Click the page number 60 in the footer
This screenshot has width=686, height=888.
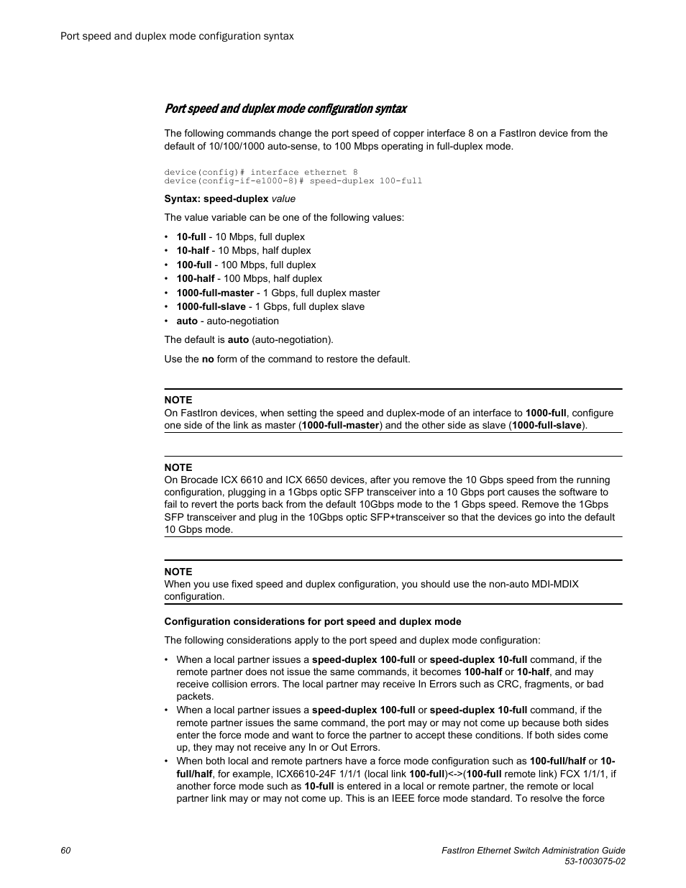(x=66, y=851)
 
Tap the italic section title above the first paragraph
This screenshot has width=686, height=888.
(x=285, y=109)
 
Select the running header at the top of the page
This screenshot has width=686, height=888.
(x=177, y=35)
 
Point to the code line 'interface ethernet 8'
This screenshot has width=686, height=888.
(x=303, y=172)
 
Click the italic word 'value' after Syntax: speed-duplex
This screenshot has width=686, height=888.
(x=283, y=198)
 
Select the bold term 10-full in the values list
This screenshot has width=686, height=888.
(x=191, y=237)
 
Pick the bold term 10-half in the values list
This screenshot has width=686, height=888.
(x=193, y=250)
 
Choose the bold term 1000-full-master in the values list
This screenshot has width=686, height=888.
(x=215, y=293)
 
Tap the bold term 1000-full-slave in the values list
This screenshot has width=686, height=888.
(x=211, y=306)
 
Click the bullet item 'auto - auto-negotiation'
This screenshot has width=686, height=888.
(x=227, y=321)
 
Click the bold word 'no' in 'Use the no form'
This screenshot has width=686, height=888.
(x=208, y=359)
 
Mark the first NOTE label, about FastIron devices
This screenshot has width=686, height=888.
(x=178, y=400)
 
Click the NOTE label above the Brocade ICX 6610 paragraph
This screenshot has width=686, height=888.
(x=178, y=467)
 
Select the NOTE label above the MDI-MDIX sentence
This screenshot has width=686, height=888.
(x=178, y=572)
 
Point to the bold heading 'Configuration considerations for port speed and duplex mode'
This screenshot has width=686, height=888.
(x=313, y=621)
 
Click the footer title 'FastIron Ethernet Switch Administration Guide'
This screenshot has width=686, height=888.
(x=532, y=851)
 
